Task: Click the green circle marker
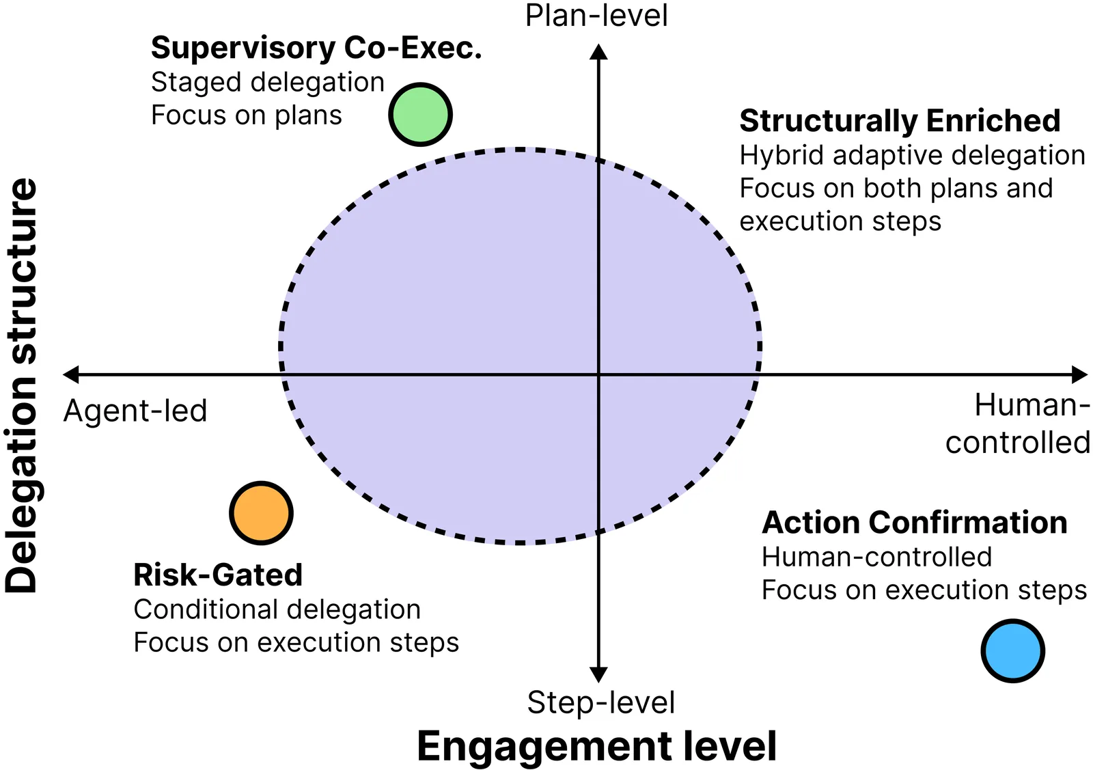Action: coord(420,115)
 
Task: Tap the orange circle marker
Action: coord(261,513)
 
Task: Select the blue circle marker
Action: coord(1012,650)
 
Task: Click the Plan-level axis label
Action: coord(596,16)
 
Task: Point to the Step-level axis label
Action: coord(600,702)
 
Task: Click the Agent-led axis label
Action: coord(135,411)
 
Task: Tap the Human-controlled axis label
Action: coord(1017,424)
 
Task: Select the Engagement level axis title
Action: coord(596,745)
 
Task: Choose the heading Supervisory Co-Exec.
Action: coord(316,49)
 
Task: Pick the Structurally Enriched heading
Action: coord(900,121)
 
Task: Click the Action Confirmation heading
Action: coord(914,523)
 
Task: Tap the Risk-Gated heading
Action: coord(218,575)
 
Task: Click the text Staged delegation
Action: coord(268,82)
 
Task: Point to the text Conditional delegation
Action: coord(277,609)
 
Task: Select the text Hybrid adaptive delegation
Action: coord(912,155)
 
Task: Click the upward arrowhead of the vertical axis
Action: coord(598,52)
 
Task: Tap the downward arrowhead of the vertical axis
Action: coord(598,674)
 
